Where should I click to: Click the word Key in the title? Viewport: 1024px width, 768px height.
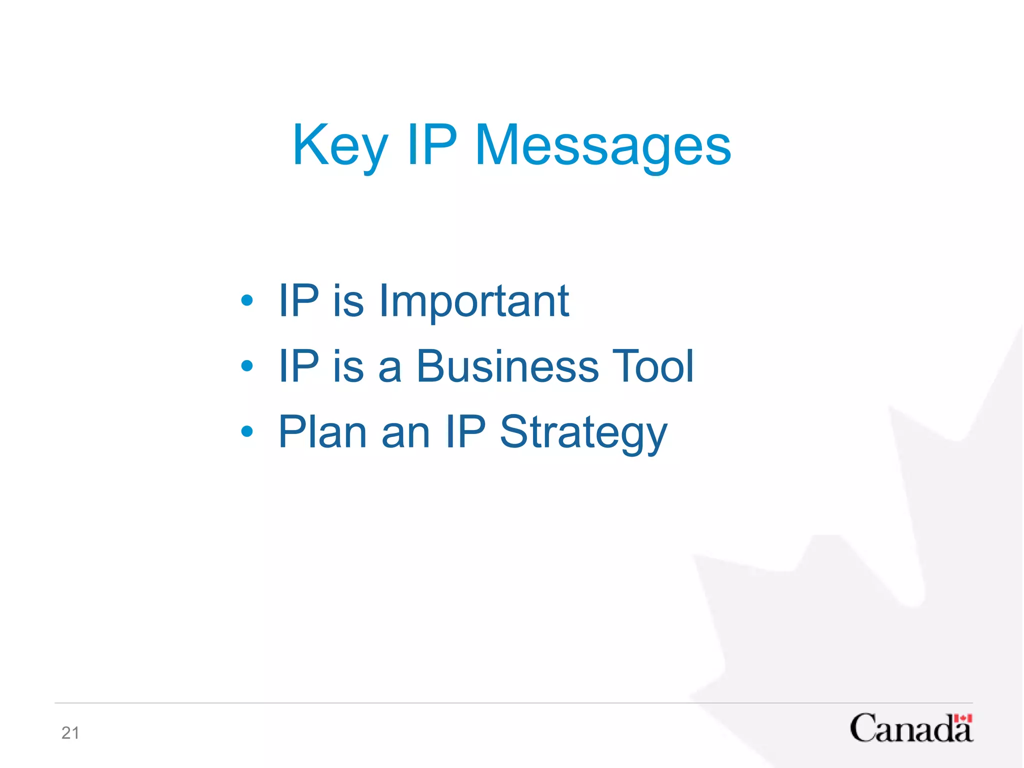click(x=340, y=146)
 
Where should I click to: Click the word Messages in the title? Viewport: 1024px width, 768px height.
click(x=603, y=146)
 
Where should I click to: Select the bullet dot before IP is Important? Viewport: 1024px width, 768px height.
click(x=247, y=300)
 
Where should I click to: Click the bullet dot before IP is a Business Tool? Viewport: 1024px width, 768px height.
click(x=247, y=366)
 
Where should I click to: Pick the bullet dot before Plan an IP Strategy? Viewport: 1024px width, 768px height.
click(x=247, y=431)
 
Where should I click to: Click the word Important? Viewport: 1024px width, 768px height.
click(x=474, y=301)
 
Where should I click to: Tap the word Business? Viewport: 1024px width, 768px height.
click(x=507, y=366)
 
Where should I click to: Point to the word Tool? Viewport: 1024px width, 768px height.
click(x=653, y=366)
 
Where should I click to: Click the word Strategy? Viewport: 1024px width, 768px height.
click(x=583, y=432)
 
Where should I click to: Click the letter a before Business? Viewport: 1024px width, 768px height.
click(x=390, y=369)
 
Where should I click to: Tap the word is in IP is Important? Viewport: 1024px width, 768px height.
click(x=348, y=301)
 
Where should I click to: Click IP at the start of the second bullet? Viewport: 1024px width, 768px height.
click(x=298, y=366)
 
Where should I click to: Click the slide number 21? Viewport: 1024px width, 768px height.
click(x=70, y=733)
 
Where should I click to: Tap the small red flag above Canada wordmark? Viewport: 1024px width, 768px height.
click(x=962, y=719)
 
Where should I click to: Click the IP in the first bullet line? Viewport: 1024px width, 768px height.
click(x=298, y=301)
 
